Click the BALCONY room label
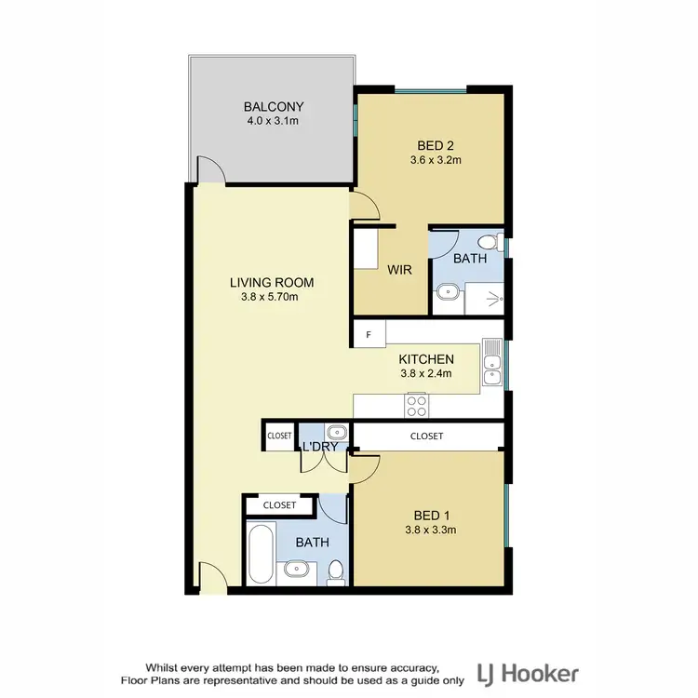pyautogui.click(x=274, y=106)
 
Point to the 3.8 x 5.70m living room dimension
pyautogui.click(x=272, y=298)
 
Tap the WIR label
pyautogui.click(x=400, y=270)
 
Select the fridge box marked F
pyautogui.click(x=369, y=334)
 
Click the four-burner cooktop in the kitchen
pyautogui.click(x=416, y=406)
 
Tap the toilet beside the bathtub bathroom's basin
pyautogui.click(x=335, y=570)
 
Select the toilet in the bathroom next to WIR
pyautogui.click(x=500, y=245)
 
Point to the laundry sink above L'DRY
pyautogui.click(x=336, y=432)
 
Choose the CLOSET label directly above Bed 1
pyautogui.click(x=426, y=436)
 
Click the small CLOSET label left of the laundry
pyautogui.click(x=279, y=436)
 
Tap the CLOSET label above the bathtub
pyautogui.click(x=279, y=505)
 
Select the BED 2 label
pyautogui.click(x=436, y=144)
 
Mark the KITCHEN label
pyautogui.click(x=425, y=359)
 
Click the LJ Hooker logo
pyautogui.click(x=527, y=673)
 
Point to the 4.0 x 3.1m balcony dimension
pyautogui.click(x=274, y=122)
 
